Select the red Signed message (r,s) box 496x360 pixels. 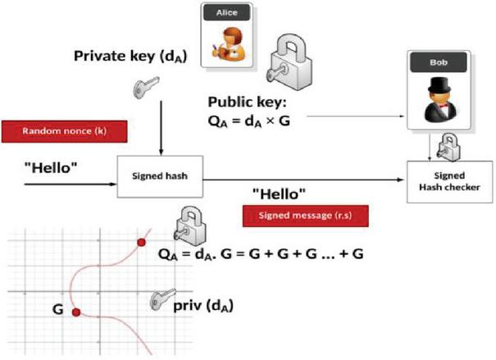(305, 216)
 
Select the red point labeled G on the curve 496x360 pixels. (75, 312)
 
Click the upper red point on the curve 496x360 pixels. (141, 243)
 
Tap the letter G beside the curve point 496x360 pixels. (58, 309)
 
